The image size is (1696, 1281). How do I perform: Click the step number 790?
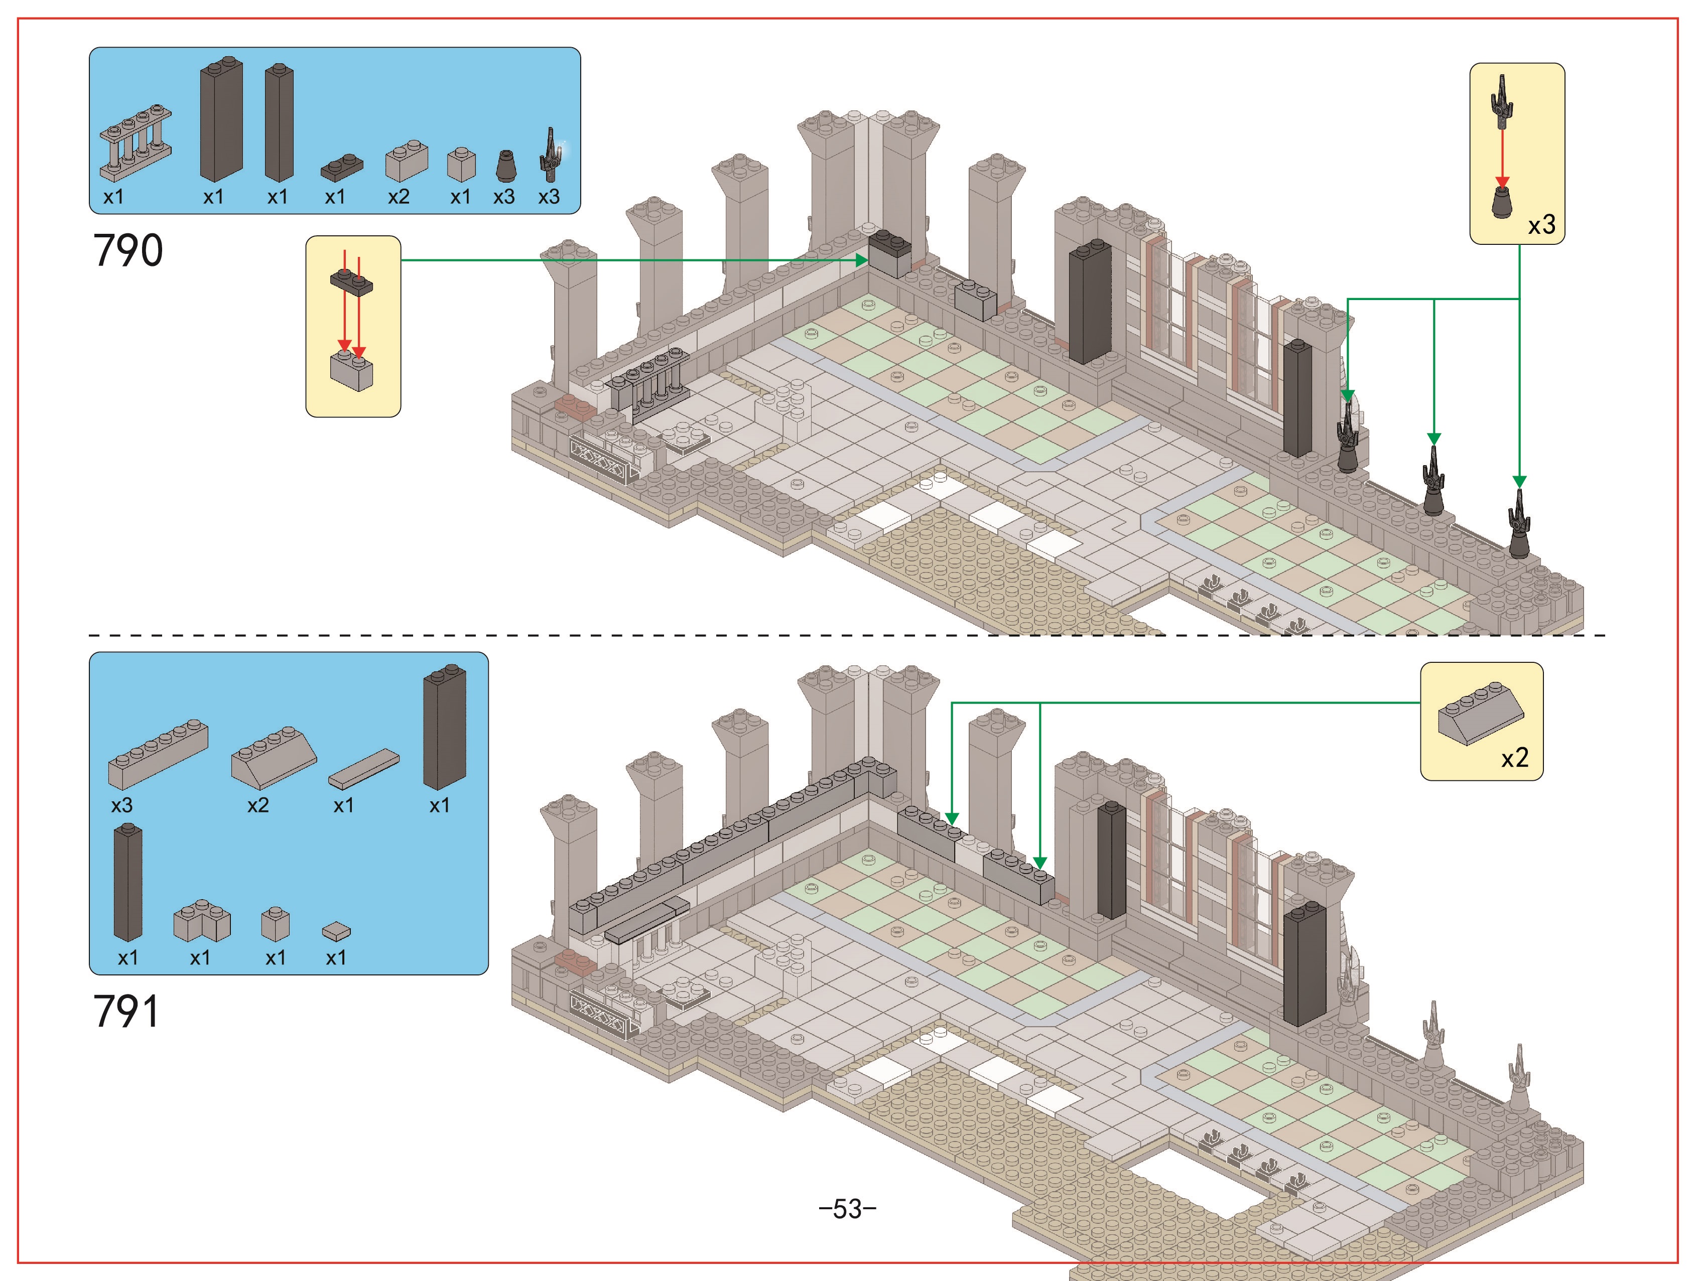pyautogui.click(x=128, y=251)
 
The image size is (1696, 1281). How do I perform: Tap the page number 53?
pyautogui.click(x=847, y=1209)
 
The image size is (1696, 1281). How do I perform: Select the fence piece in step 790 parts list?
pyautogui.click(x=135, y=144)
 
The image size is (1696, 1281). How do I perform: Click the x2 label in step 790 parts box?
pyautogui.click(x=399, y=197)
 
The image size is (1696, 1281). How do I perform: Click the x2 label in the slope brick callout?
pyautogui.click(x=1515, y=758)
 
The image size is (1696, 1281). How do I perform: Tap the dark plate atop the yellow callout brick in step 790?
pyautogui.click(x=352, y=282)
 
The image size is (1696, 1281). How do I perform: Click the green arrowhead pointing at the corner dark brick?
pyautogui.click(x=862, y=260)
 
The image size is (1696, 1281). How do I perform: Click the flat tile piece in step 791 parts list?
pyautogui.click(x=364, y=769)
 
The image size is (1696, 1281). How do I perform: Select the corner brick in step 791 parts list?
pyautogui.click(x=202, y=921)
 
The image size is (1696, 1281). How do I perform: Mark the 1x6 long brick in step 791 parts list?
pyautogui.click(x=158, y=755)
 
